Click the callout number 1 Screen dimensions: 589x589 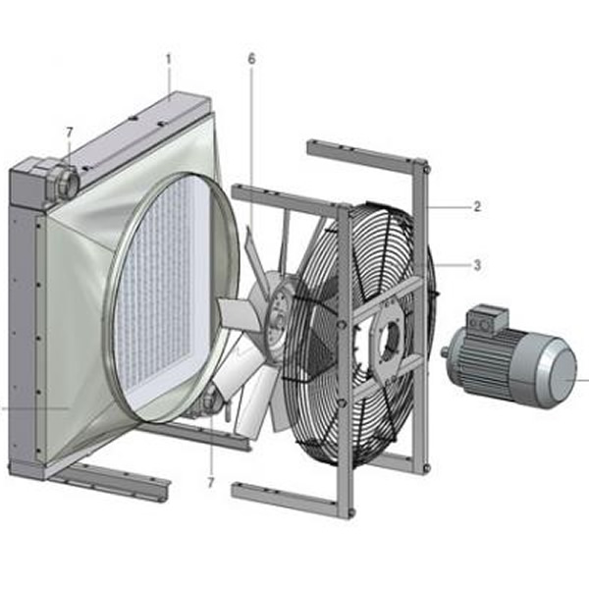tap(169, 59)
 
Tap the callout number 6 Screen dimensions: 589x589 tap(251, 59)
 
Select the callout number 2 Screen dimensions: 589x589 tap(477, 206)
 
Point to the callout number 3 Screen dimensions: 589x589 tap(477, 265)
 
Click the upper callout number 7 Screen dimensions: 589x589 tap(69, 133)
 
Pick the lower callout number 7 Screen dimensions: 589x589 tap(210, 483)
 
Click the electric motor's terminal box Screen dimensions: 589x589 tap(487, 319)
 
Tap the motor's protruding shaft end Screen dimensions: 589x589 tap(445, 352)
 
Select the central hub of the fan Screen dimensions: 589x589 tap(279, 322)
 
